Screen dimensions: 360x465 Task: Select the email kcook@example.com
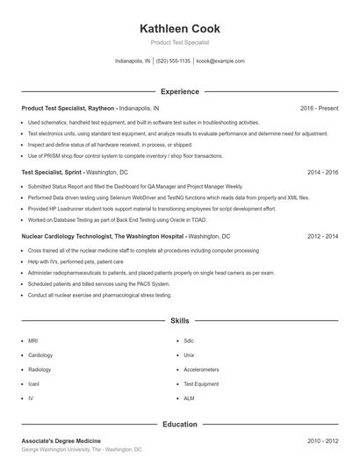[220, 61]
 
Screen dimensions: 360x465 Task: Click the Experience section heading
[179, 91]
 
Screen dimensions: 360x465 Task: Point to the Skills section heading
[179, 322]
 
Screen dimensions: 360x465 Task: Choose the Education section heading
[179, 424]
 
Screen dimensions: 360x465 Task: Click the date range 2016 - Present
[319, 108]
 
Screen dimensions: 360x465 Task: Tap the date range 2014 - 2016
[322, 173]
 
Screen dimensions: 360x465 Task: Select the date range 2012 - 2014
[322, 237]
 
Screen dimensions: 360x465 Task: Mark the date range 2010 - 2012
[322, 440]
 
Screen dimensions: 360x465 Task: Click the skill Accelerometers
[201, 369]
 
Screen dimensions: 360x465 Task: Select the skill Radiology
[40, 369]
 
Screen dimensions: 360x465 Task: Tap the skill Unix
[189, 354]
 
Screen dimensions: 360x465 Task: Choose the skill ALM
[189, 398]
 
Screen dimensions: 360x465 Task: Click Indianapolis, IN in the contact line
[133, 61]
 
